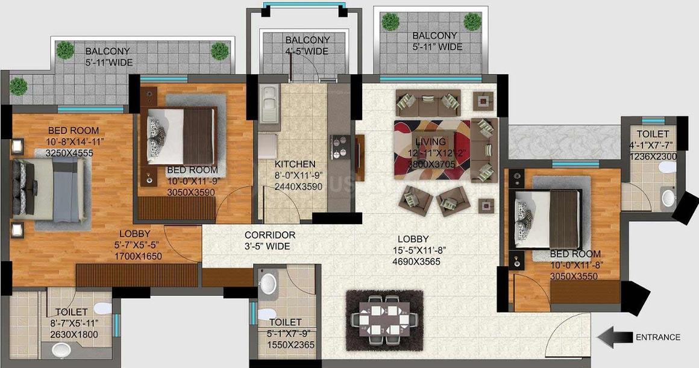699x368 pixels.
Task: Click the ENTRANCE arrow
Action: coord(615,337)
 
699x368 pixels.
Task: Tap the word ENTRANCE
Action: coord(658,337)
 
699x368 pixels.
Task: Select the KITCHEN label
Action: coord(295,164)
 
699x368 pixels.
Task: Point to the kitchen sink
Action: coord(269,104)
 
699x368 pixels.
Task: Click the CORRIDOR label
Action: coord(270,235)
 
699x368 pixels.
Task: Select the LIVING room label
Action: coord(430,142)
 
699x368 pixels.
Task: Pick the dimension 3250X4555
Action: coord(69,153)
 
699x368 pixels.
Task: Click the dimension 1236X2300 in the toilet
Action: coord(653,157)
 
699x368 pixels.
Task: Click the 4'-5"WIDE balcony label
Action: coord(307,51)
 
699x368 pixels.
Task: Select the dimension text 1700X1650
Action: coord(138,256)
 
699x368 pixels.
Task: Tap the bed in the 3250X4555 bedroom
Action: coord(49,190)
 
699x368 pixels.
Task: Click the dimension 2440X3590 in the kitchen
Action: coord(298,187)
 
